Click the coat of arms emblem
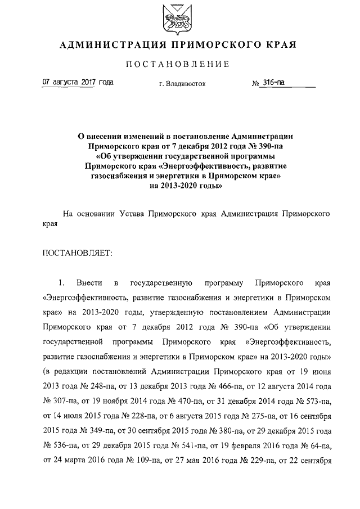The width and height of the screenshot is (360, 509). click(179, 18)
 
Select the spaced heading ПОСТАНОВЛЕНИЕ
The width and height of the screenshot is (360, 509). click(179, 65)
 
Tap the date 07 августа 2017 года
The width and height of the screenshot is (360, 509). click(78, 83)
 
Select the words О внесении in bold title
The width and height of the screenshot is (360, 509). click(101, 136)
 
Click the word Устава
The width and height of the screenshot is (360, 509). click(134, 214)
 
